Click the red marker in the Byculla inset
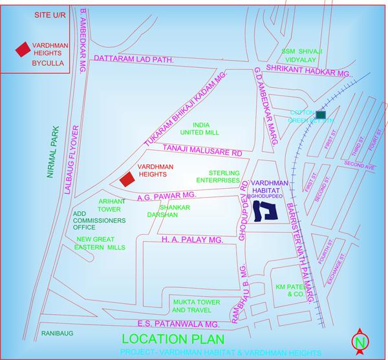click(23, 49)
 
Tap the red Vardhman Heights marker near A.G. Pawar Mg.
click(127, 178)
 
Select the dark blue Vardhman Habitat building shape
click(264, 209)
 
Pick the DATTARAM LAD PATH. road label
click(136, 60)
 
